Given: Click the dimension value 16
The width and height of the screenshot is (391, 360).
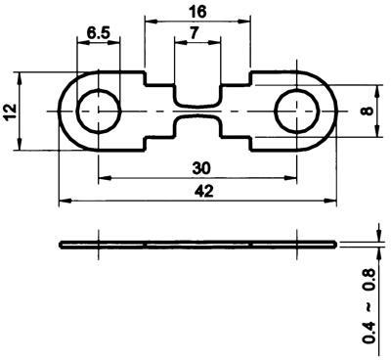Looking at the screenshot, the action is click(197, 12).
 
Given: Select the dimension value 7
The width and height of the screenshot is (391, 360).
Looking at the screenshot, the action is click(195, 33).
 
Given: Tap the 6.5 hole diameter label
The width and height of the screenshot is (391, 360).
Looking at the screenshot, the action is click(99, 33).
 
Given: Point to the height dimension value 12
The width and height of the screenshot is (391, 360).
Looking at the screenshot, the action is click(12, 112).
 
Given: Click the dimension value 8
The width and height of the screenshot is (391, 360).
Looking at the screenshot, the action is click(368, 111).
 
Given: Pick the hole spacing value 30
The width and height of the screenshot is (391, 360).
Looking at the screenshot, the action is click(201, 168).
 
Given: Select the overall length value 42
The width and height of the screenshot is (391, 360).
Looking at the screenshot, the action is click(204, 191).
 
